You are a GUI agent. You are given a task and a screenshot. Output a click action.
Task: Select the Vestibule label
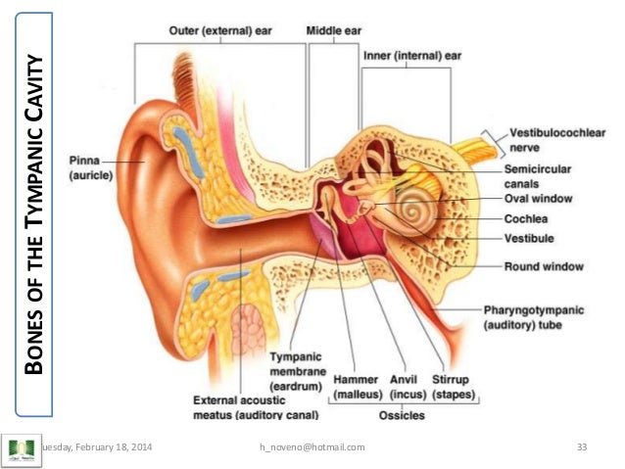tap(532, 238)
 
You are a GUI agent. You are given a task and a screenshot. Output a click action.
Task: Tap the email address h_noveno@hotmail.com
tap(312, 447)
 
